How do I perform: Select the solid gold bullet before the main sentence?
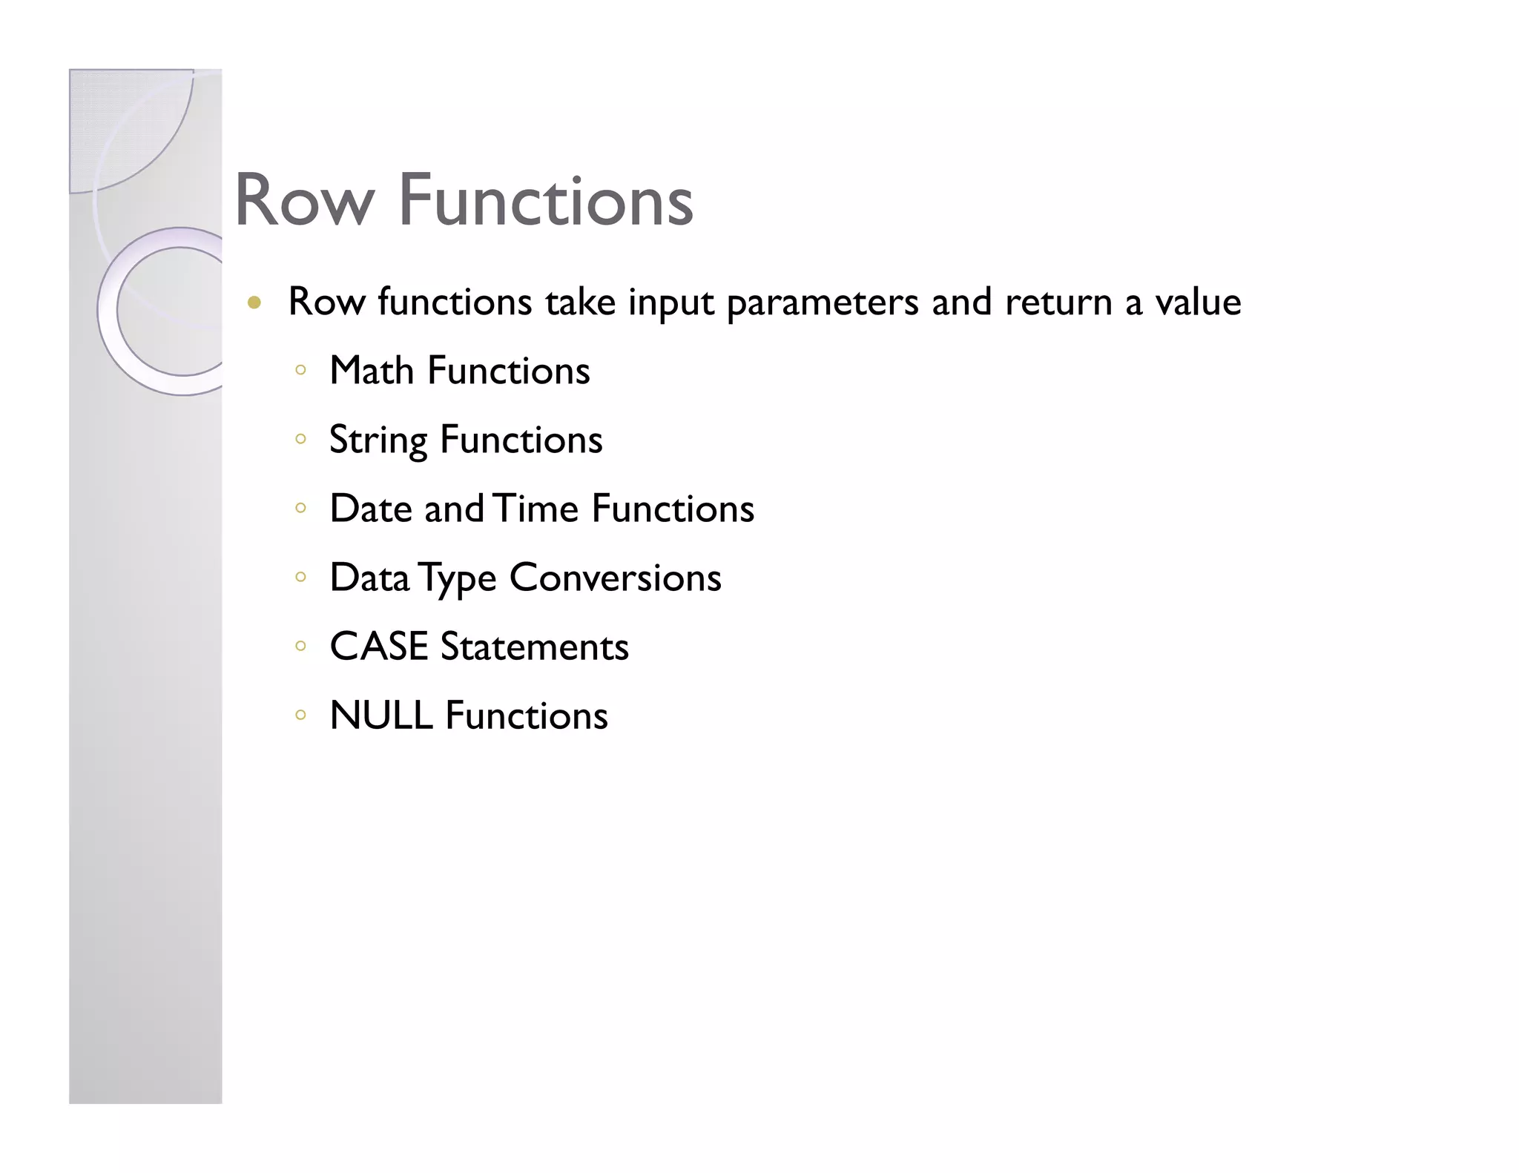point(254,303)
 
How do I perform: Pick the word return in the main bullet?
point(1058,302)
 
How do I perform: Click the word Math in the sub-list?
point(371,370)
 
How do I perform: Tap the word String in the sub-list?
point(378,440)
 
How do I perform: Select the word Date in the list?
point(371,509)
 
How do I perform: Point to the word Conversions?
point(615,578)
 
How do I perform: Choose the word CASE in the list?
point(379,647)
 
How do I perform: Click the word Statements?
point(534,647)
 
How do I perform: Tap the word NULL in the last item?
point(381,716)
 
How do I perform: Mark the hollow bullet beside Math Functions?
point(300,370)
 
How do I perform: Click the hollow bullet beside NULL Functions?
point(300,716)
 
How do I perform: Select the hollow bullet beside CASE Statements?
point(300,647)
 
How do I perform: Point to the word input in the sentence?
point(670,303)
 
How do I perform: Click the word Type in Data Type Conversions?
point(457,578)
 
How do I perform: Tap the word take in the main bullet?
point(580,302)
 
